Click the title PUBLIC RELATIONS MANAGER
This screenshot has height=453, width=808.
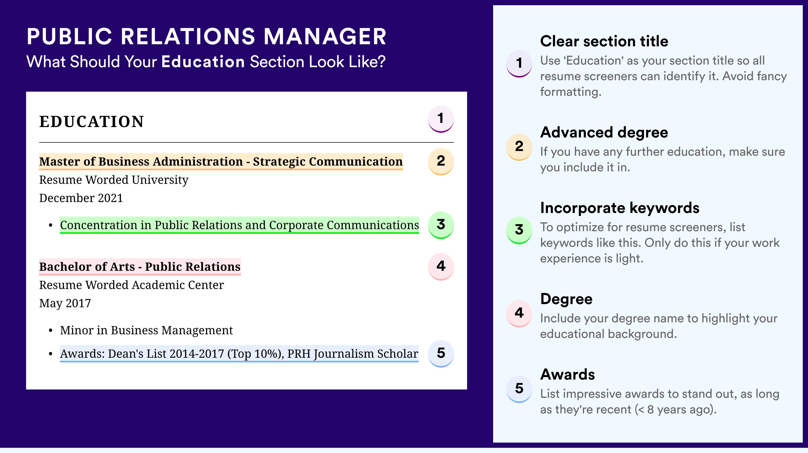click(x=206, y=37)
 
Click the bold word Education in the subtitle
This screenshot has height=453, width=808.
click(x=203, y=61)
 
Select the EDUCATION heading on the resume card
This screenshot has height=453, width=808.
click(x=91, y=122)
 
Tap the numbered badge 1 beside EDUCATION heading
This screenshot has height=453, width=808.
click(x=441, y=119)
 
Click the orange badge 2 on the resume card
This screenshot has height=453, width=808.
click(x=441, y=161)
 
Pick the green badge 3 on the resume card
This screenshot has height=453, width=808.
click(x=441, y=225)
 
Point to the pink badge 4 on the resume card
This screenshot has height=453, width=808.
click(x=441, y=267)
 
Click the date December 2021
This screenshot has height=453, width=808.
click(x=81, y=198)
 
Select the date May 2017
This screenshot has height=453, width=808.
click(x=65, y=303)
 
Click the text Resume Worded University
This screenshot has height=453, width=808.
click(x=114, y=180)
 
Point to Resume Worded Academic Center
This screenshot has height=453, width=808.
click(x=131, y=285)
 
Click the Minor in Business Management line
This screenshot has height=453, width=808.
click(x=146, y=330)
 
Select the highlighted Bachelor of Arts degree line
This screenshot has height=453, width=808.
click(x=140, y=267)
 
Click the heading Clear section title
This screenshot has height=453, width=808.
click(x=604, y=41)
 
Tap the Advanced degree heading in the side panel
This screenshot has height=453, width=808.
click(x=604, y=133)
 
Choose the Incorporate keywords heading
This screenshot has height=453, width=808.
click(x=620, y=208)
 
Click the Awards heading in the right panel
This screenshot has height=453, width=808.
click(x=567, y=374)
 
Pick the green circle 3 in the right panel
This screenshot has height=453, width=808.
click(x=519, y=230)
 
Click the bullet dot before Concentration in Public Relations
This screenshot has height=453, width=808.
click(x=51, y=225)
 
